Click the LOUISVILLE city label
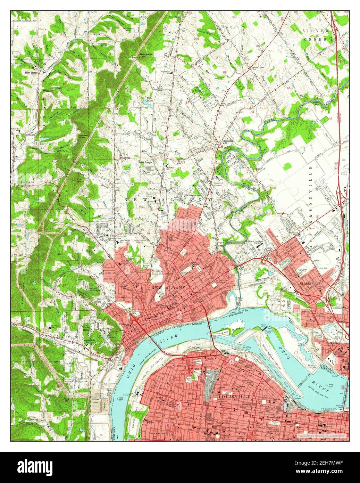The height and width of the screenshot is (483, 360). click(x=234, y=396)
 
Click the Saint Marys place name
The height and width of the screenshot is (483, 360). click(x=32, y=73)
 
